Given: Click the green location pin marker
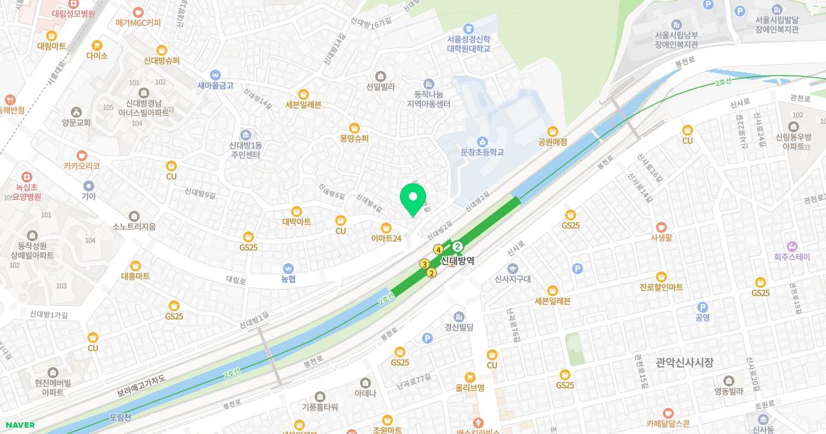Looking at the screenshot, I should click(413, 199).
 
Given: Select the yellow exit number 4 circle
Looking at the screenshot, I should click(437, 249).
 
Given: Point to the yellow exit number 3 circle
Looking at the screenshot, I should click(425, 265).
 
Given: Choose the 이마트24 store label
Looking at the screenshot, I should click(386, 238).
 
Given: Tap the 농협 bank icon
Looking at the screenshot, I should click(288, 269).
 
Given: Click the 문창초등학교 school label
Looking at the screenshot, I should click(483, 152).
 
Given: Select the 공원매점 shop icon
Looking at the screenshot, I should click(552, 131).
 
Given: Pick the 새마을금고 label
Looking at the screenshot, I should click(215, 85).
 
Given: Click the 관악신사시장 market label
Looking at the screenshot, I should click(684, 362).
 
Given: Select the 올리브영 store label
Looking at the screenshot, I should click(470, 387).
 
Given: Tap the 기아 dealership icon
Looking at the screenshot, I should click(88, 186).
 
